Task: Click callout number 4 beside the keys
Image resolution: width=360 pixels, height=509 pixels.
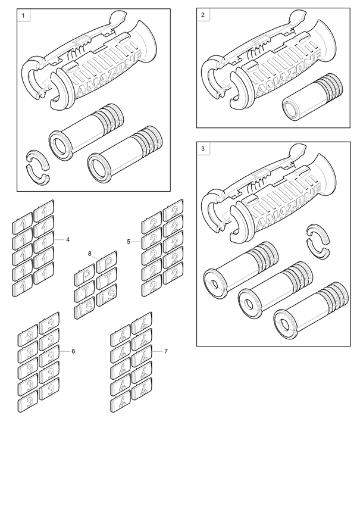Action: [x=68, y=239]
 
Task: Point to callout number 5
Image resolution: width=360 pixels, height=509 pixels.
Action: [x=129, y=242]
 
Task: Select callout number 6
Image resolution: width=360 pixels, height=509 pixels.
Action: [x=73, y=351]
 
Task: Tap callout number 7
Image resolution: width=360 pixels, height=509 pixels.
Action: [x=165, y=351]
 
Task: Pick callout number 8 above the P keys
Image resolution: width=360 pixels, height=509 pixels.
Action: [x=90, y=254]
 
